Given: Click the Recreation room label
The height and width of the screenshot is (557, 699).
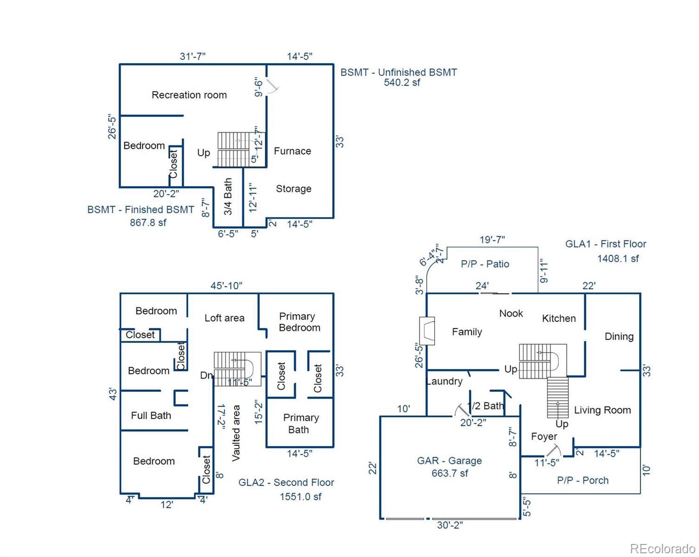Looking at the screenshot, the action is (x=189, y=95).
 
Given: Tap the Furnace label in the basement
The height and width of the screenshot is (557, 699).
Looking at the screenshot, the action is (x=292, y=151).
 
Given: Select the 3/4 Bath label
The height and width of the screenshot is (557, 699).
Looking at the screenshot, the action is (x=228, y=196).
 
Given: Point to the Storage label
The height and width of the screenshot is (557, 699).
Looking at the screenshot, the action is (x=294, y=188).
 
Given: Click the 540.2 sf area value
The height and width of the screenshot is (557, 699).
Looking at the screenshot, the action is (x=402, y=82).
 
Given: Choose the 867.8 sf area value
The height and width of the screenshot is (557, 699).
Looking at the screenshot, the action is (x=148, y=222).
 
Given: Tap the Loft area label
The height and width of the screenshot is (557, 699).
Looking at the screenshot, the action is (x=224, y=317).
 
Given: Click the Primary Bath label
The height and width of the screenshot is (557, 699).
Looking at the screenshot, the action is (x=301, y=423).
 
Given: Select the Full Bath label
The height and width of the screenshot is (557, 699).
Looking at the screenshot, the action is (x=151, y=415).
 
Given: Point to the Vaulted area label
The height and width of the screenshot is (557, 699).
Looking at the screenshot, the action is (x=236, y=433).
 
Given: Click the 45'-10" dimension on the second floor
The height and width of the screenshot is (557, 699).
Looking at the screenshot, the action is (x=226, y=285).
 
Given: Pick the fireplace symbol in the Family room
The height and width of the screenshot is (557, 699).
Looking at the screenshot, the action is (x=427, y=330).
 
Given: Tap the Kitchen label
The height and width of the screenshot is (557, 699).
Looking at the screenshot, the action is (x=558, y=318).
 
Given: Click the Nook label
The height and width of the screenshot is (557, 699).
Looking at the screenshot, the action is (x=511, y=313).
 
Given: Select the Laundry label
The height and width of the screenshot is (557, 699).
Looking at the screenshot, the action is (x=444, y=381).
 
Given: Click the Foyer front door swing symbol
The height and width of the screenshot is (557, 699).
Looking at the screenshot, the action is (x=553, y=450).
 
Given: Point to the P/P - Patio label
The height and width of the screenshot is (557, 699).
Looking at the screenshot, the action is (x=485, y=264).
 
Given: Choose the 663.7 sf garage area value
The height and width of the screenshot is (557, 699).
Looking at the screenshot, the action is (x=449, y=473).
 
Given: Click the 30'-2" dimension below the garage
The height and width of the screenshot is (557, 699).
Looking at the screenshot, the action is (x=450, y=525).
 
